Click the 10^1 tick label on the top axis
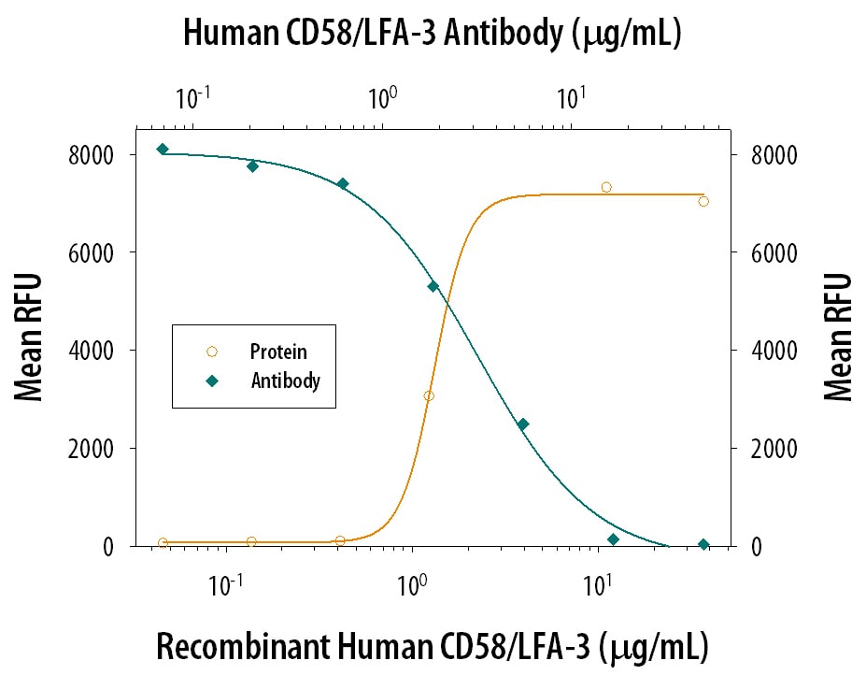pyautogui.click(x=572, y=96)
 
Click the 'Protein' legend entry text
pyautogui.click(x=278, y=352)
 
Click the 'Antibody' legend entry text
pyautogui.click(x=285, y=381)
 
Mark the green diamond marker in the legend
pyautogui.click(x=212, y=381)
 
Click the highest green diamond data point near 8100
pyautogui.click(x=163, y=150)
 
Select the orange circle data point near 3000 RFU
pyautogui.click(x=429, y=396)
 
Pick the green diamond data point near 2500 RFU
pyautogui.click(x=523, y=424)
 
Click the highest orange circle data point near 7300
pyautogui.click(x=606, y=187)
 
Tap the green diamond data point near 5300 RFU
pyautogui.click(x=433, y=286)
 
